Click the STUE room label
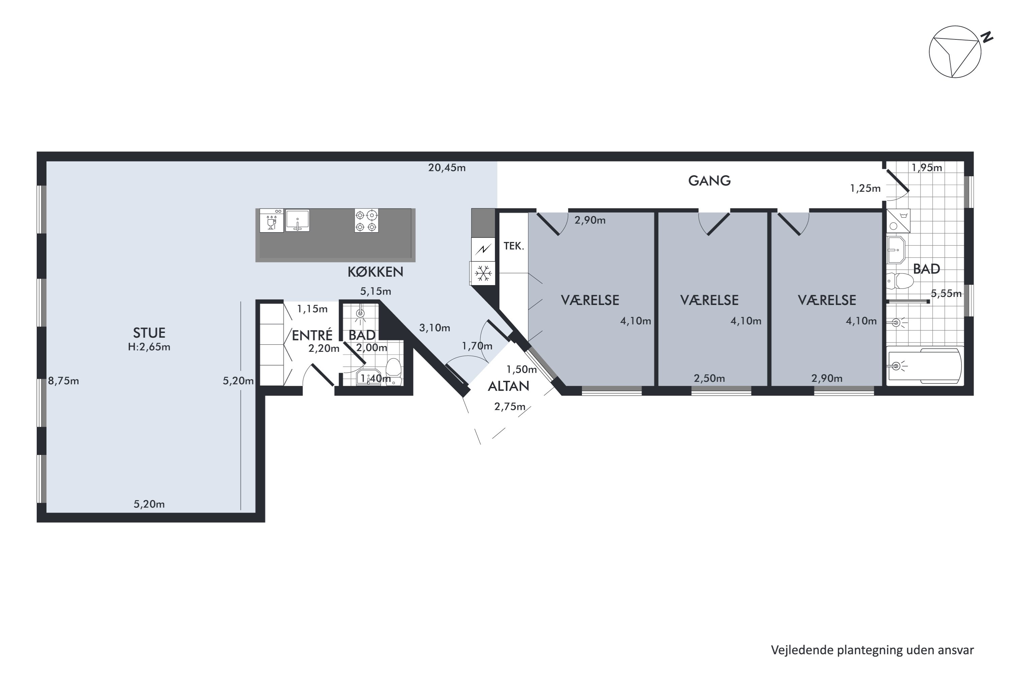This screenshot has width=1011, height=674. point(149,333)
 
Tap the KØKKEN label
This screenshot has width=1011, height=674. point(375,272)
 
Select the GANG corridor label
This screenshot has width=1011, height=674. point(709,181)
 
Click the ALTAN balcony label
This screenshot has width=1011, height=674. point(509,386)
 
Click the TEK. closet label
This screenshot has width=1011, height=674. point(514,246)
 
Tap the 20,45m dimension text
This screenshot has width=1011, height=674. point(447,167)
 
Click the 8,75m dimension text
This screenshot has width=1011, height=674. point(63,381)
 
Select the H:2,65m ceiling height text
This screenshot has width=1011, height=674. point(149,347)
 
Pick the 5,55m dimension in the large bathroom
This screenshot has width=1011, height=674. point(946,294)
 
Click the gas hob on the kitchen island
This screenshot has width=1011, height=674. point(366,220)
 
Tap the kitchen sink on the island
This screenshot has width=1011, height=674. point(298,220)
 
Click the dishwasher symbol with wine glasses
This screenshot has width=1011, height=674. point(272,220)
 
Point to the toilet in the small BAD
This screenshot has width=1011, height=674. point(393,372)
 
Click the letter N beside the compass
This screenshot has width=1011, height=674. point(987,37)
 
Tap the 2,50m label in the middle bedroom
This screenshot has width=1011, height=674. point(709,378)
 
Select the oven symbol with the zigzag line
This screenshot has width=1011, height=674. point(483,249)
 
